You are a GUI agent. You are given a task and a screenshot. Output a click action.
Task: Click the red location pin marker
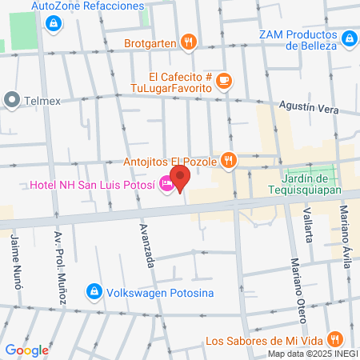coord(179,178)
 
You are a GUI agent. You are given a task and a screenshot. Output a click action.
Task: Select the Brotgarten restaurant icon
coord(188,41)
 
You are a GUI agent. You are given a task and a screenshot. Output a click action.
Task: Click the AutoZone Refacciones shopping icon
coord(53,22)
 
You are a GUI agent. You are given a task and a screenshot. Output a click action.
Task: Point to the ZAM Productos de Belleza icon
coord(349,38)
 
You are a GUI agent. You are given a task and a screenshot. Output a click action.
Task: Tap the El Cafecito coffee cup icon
coord(225,80)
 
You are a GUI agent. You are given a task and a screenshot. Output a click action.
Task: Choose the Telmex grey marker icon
coord(11,100)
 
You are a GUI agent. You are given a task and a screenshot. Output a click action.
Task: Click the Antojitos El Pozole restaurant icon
coord(229,160)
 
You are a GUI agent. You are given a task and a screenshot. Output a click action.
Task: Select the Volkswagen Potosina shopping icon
coord(94,290)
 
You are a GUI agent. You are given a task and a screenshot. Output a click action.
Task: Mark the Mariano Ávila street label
coord(345,229)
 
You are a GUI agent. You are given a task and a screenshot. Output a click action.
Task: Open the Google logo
coord(26,350)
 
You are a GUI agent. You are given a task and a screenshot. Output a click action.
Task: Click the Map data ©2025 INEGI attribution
coord(311,354)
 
